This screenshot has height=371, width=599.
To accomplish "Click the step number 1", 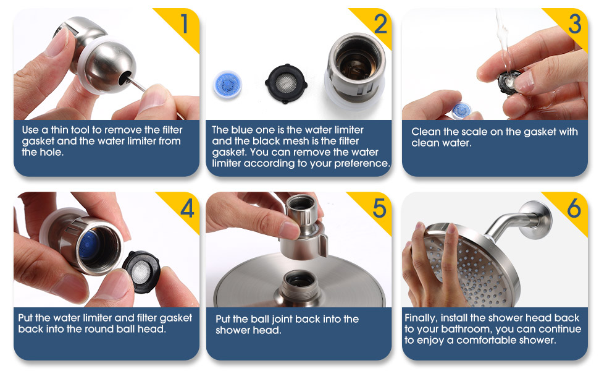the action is [184, 23].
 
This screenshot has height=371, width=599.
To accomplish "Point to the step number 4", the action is [187, 209].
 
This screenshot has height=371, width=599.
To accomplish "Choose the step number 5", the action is [380, 209].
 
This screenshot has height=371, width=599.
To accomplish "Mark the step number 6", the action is [574, 209].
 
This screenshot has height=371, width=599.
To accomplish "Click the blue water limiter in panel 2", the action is [227, 85].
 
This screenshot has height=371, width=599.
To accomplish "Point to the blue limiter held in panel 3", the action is [461, 111].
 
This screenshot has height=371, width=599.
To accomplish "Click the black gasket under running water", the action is [509, 81].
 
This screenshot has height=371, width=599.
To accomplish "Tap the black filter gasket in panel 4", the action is [142, 271].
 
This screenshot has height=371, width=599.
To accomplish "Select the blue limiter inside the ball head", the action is [89, 245].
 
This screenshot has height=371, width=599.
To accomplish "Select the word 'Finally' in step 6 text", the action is [420, 318].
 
